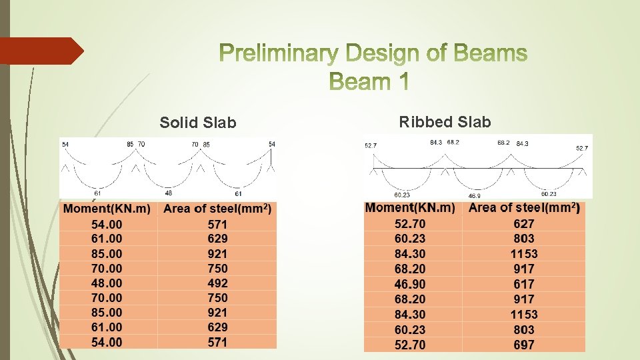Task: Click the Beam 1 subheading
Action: pos(370,81)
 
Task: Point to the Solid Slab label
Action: pos(198,123)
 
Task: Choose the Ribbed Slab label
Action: pos(445,121)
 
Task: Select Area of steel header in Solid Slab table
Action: pos(217,209)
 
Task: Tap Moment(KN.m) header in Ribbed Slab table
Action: pos(410,208)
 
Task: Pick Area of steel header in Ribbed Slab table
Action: pos(524,208)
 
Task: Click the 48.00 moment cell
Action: pos(107,283)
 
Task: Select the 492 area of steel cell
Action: pos(217,283)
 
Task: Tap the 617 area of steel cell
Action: pos(524,284)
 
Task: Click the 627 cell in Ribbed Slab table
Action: pos(524,223)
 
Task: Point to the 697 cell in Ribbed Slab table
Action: pos(524,345)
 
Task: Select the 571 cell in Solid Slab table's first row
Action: pos(217,224)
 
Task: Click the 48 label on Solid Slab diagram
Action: pos(169,193)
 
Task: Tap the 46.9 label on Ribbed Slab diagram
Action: pos(474,197)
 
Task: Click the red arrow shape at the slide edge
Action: pos(40,51)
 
